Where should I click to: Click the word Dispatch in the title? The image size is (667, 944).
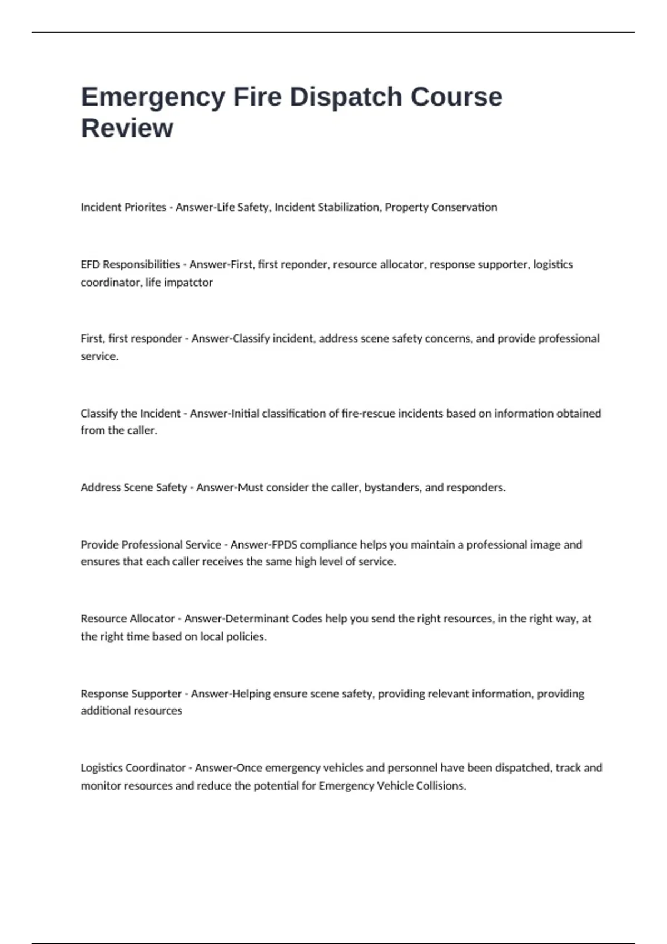(x=346, y=97)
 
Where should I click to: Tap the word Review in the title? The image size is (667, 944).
(x=127, y=128)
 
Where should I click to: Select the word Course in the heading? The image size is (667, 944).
(x=456, y=97)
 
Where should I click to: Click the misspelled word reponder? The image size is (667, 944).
(x=304, y=264)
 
